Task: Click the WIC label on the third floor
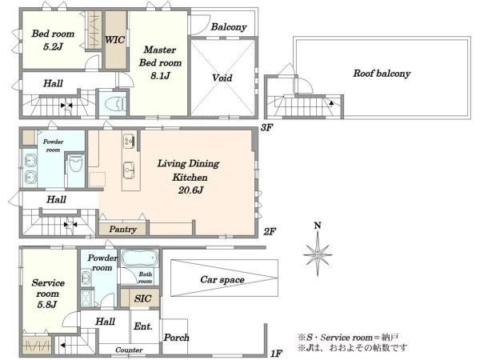click(x=114, y=40)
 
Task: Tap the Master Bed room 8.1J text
click(x=160, y=62)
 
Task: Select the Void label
click(x=222, y=78)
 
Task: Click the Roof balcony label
click(x=382, y=74)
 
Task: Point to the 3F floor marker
click(x=266, y=127)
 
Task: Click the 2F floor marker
click(x=270, y=231)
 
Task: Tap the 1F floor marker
click(x=276, y=354)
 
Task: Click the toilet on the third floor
click(x=115, y=104)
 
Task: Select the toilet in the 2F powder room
click(x=76, y=163)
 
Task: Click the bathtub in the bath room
click(x=140, y=258)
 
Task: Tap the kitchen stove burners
click(x=129, y=141)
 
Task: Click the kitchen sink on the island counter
click(x=129, y=170)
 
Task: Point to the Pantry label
click(x=122, y=229)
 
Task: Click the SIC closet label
click(x=143, y=298)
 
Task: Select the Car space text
click(x=222, y=279)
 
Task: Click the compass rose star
click(x=318, y=254)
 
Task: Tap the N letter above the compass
click(x=318, y=226)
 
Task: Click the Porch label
click(x=176, y=338)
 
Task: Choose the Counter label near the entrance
click(x=129, y=350)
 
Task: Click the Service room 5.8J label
click(x=48, y=294)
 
